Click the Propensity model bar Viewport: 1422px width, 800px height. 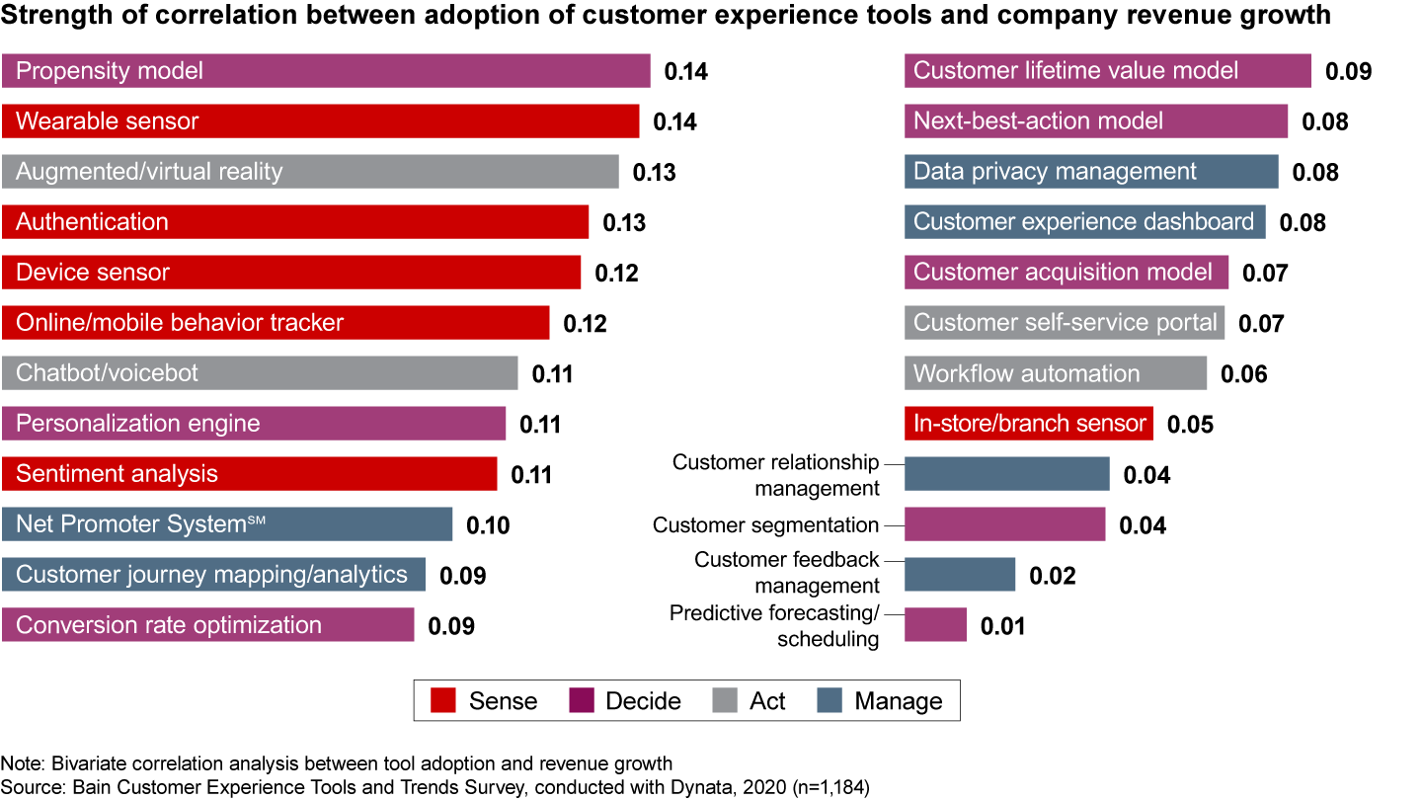click(x=326, y=71)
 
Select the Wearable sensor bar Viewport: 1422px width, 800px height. click(x=320, y=121)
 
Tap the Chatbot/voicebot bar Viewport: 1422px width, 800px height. click(x=259, y=373)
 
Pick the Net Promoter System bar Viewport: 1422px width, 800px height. click(x=226, y=524)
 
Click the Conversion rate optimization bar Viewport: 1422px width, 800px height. click(x=207, y=625)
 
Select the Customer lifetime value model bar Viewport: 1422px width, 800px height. click(x=1107, y=71)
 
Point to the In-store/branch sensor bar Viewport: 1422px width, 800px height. click(x=1028, y=424)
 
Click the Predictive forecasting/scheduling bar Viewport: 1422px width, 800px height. click(x=935, y=625)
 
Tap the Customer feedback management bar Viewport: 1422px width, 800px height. click(x=959, y=575)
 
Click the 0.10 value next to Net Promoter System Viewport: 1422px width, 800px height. click(x=488, y=525)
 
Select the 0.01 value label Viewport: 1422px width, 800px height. click(x=1002, y=626)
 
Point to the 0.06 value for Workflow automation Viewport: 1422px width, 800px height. click(x=1243, y=374)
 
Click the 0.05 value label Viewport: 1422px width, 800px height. click(x=1190, y=425)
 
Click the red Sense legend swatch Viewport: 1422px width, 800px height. click(x=442, y=701)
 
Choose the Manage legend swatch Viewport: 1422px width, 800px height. click(x=829, y=701)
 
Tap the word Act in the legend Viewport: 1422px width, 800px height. click(x=767, y=701)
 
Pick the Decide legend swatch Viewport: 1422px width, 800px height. click(x=583, y=701)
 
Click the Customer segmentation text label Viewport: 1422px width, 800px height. click(x=765, y=525)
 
